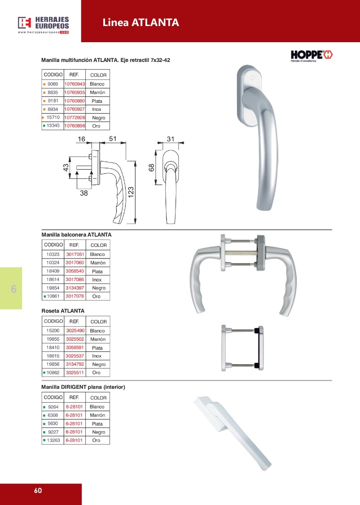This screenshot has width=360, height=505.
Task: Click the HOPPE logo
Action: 312,56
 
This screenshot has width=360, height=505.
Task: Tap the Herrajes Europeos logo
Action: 44,25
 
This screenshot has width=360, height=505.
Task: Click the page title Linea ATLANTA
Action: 140,22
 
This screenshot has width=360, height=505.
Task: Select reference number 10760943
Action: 75,84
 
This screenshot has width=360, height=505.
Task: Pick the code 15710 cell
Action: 53,118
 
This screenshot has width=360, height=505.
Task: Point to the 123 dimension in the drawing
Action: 131,192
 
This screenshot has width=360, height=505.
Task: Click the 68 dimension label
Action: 151,167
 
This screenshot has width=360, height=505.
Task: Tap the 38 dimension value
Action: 84,193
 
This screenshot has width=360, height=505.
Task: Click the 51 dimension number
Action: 112,139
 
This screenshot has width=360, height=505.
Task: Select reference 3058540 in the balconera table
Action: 75,271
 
